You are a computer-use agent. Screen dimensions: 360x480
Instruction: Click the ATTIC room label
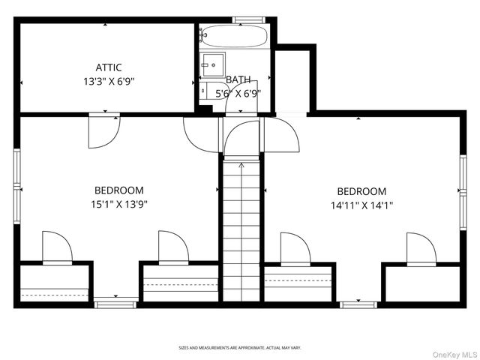point(109,67)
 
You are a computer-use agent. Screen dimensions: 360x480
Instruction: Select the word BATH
point(238,79)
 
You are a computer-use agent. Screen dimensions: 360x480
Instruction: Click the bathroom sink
point(212,61)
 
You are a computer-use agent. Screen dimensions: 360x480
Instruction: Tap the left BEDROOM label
point(118,190)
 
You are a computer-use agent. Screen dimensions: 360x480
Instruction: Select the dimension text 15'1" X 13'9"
point(118,204)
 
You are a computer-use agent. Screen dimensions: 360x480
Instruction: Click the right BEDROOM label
point(361,191)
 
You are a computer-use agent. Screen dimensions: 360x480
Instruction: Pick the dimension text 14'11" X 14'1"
point(361,205)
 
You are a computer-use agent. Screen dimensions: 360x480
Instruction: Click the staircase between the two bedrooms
point(241,232)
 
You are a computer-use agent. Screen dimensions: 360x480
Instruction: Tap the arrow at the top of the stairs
point(241,164)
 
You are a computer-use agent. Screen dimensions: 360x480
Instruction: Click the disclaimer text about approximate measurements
point(239,348)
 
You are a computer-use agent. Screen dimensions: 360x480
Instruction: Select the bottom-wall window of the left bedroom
point(116,304)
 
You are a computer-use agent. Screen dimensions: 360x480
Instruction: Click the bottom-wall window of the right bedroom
point(358,304)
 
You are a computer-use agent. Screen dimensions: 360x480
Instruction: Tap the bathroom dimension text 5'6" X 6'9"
point(238,93)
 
